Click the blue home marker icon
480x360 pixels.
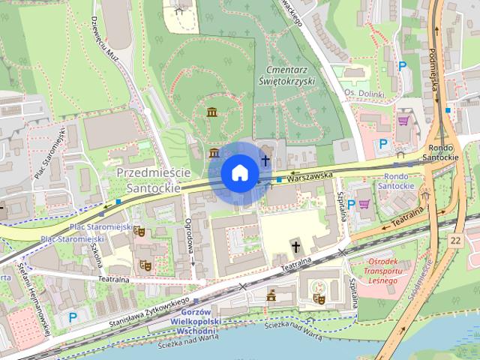239,172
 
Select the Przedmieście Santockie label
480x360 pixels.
149,180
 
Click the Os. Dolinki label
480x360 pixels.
363,94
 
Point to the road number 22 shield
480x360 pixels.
456,240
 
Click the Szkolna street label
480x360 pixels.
95,256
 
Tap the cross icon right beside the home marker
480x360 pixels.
265,160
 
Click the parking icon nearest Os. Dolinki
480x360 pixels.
402,67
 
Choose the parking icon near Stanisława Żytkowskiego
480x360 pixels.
73,317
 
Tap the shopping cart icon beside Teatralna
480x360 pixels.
365,202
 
